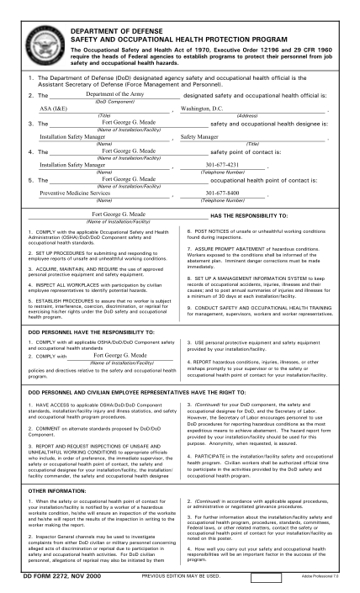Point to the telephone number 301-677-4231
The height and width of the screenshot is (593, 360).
point(222,165)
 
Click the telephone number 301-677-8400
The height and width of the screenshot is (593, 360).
point(222,193)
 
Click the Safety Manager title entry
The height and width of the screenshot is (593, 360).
point(199,136)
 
